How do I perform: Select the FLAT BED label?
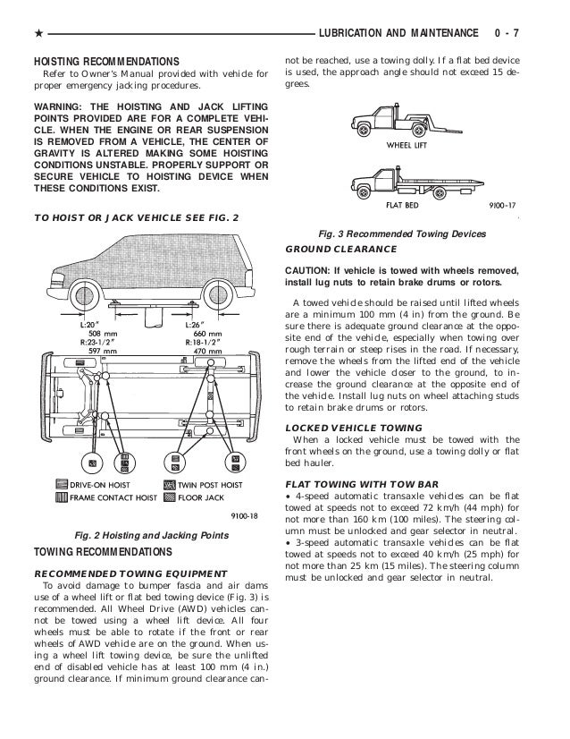click(x=403, y=204)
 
